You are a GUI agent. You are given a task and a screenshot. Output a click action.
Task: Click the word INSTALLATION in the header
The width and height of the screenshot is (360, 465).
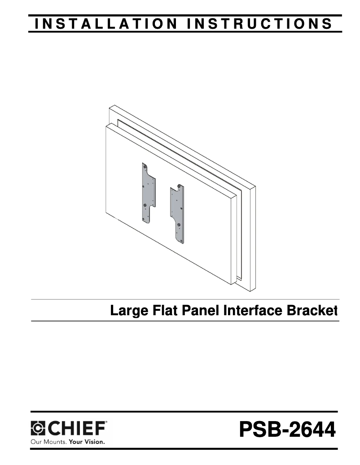coord(105,24)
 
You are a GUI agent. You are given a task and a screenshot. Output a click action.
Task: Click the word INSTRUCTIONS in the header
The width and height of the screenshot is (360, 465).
coord(260,24)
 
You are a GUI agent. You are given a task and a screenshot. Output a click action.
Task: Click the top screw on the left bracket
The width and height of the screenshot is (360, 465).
coord(145,166)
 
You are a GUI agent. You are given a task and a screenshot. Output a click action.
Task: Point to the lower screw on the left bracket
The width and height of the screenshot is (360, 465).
coord(145,219)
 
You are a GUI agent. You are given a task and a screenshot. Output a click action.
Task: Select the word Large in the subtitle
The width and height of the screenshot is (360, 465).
coord(127,310)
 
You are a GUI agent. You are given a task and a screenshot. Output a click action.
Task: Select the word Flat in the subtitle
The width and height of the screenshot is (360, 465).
coord(159,310)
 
